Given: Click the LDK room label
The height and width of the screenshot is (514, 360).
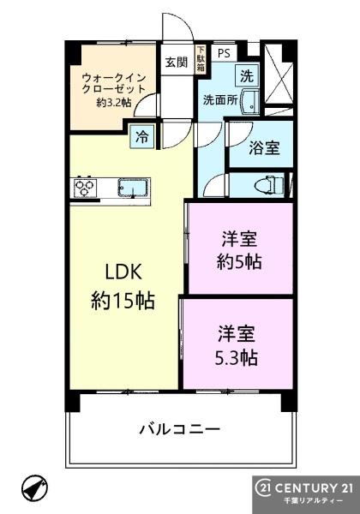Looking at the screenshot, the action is [x=123, y=272].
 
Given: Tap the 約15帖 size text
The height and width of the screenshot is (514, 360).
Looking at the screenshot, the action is [x=123, y=301].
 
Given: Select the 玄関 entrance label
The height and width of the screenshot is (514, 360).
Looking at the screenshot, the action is [x=177, y=62].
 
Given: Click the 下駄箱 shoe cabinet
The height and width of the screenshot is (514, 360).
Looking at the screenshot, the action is [x=200, y=60].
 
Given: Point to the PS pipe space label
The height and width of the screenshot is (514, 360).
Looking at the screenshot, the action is [x=225, y=53].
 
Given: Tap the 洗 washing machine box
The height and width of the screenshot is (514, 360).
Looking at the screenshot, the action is [x=247, y=76].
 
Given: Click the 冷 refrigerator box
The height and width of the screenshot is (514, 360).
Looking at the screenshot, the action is [x=141, y=137].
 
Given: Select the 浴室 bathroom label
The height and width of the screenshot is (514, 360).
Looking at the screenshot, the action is [x=264, y=148].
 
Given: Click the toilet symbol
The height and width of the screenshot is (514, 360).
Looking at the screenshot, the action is [x=269, y=185].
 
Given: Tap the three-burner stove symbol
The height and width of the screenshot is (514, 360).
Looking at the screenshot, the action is [x=85, y=188].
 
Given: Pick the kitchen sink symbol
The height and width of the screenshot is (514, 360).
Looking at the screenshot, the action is [x=132, y=188].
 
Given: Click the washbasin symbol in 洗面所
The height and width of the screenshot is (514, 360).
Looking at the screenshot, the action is [x=249, y=100].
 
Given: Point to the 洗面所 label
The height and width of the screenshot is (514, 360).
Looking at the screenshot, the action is [x=220, y=100].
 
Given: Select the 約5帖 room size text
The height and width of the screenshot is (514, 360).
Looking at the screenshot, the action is [x=239, y=262].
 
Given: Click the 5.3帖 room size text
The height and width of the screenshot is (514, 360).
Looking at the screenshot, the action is [x=237, y=357].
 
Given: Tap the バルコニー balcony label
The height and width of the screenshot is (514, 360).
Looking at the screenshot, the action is [x=180, y=429].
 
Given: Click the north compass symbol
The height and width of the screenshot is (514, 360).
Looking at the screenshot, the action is [x=35, y=486].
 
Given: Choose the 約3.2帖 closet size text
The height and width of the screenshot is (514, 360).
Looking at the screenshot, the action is [x=114, y=103].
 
